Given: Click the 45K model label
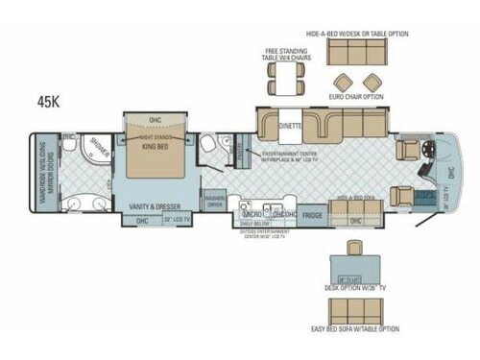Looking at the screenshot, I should pos(47,99).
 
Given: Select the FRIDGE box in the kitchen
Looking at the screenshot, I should pos(313,216).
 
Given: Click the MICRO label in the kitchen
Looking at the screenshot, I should pos(252,215).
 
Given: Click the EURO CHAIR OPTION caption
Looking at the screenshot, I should pos(357,97).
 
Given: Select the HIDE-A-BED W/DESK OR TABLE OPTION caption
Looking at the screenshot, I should pos(357,34).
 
